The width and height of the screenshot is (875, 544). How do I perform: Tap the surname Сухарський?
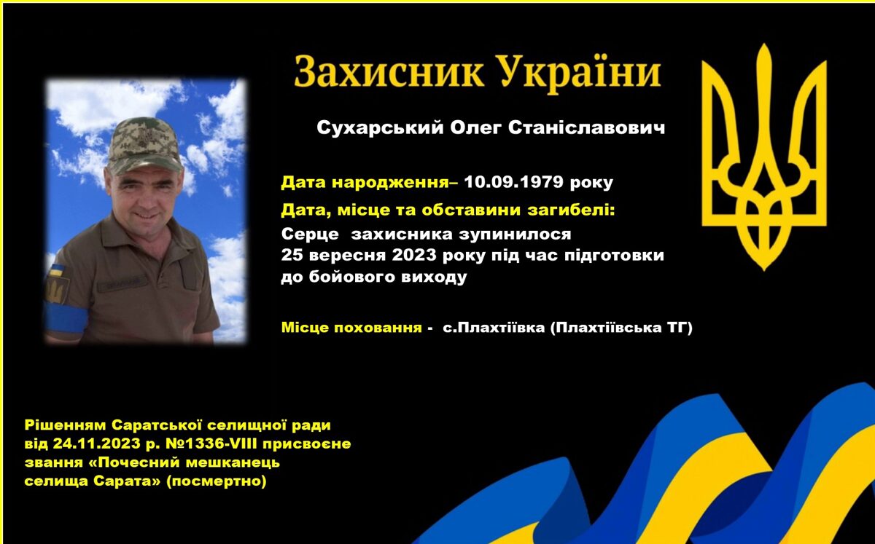click(x=380, y=128)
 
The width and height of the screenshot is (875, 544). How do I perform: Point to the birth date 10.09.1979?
click(x=513, y=181)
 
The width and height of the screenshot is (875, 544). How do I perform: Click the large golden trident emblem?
click(x=764, y=157)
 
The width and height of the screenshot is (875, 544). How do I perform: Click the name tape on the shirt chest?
click(x=122, y=283)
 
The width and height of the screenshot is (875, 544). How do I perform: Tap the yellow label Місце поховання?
click(x=351, y=328)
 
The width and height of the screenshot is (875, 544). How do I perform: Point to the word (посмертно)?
click(x=217, y=481)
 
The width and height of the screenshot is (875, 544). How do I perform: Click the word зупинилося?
click(x=515, y=234)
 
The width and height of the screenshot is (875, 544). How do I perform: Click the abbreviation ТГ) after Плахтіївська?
click(x=679, y=327)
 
